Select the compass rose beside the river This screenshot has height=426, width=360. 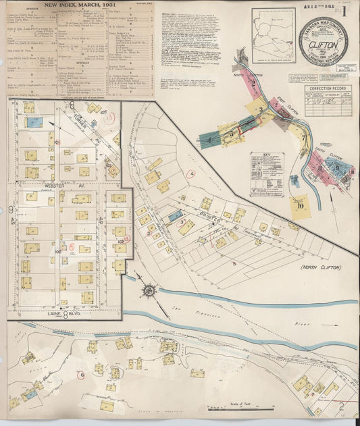click(147, 290)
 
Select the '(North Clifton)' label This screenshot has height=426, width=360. click(320, 267)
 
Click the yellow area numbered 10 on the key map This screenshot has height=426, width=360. click(299, 205)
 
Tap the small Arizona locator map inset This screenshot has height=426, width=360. click(273, 35)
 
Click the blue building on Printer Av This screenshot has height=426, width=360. click(175, 215)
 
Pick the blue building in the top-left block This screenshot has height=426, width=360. click(34, 122)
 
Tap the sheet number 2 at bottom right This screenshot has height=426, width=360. click(342, 405)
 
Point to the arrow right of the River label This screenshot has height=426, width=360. click(329, 325)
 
